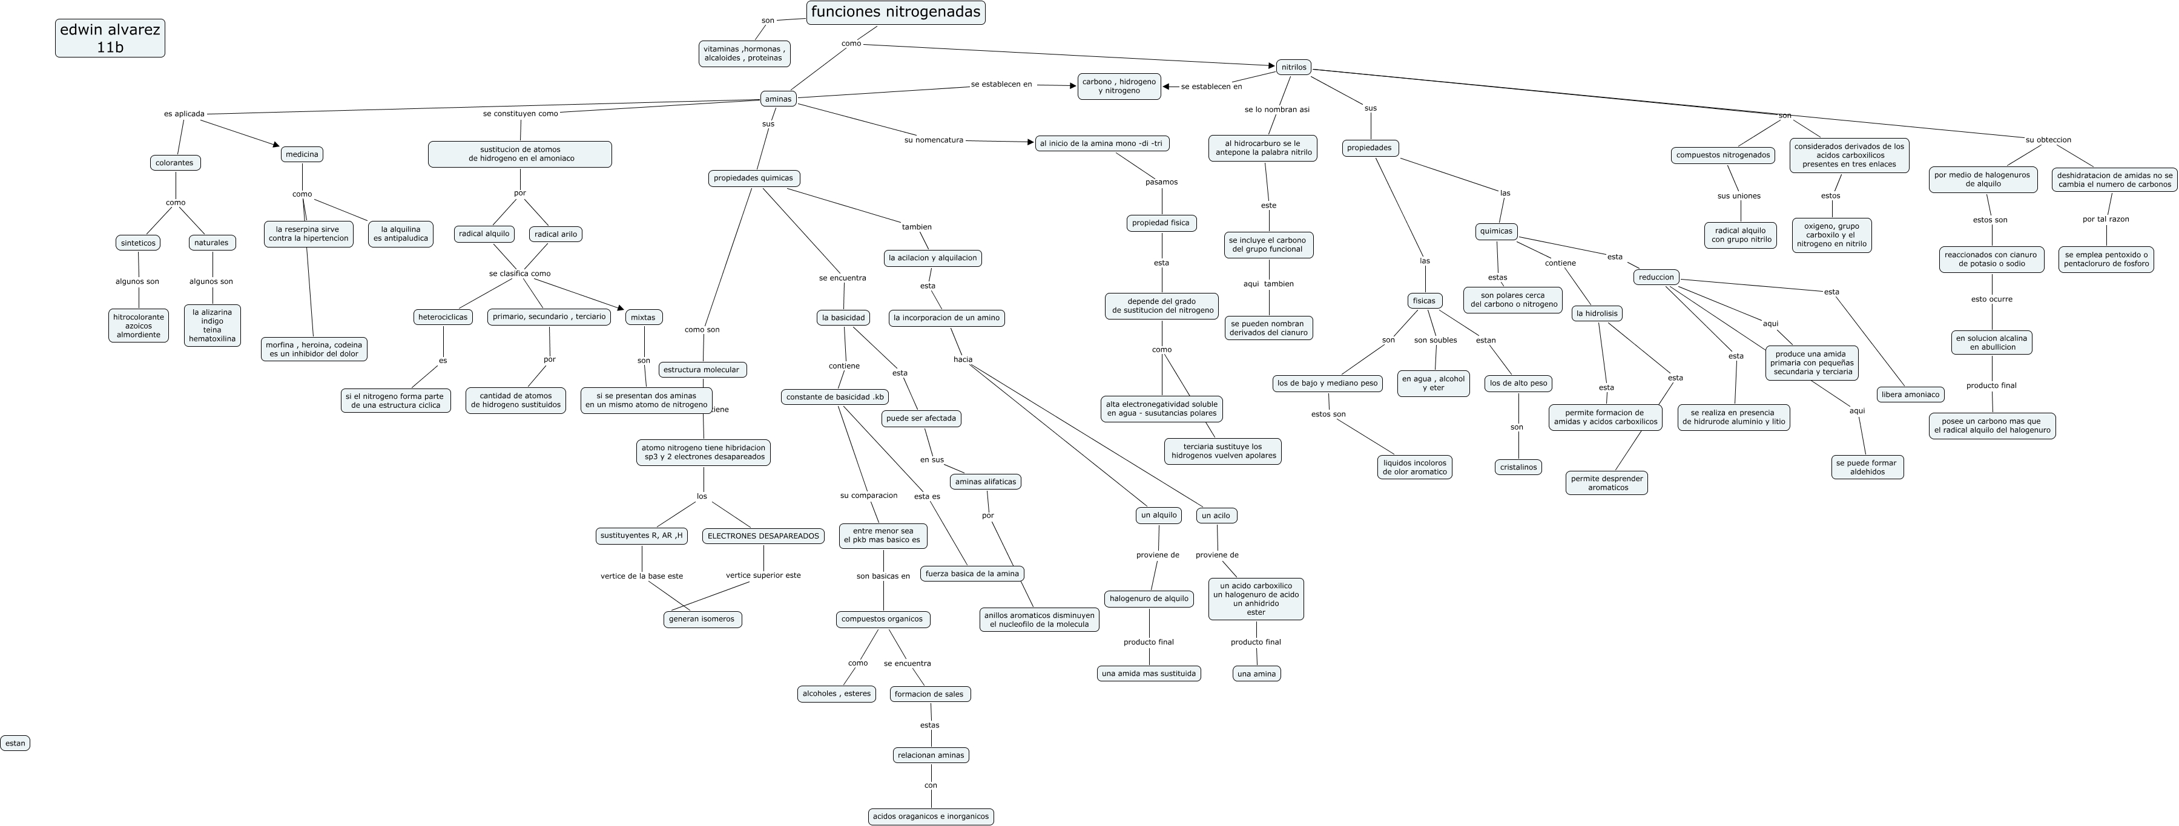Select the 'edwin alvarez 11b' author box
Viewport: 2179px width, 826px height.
[110, 39]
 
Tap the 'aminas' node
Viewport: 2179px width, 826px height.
[778, 99]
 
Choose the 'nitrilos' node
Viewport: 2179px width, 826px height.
[1293, 67]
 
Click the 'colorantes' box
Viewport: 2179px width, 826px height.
[175, 162]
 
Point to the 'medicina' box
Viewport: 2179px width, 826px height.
[302, 154]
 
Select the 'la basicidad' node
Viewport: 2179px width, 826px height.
[843, 318]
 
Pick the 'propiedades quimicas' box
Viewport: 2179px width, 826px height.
[754, 179]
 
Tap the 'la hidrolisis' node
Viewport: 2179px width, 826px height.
[1597, 313]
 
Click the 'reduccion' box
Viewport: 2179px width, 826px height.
[1655, 277]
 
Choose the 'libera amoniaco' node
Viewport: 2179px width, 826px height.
[1910, 395]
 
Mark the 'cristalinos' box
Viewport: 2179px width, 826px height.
[1518, 467]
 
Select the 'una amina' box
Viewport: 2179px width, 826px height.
[1256, 674]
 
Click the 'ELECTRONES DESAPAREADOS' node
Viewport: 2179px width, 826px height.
[763, 536]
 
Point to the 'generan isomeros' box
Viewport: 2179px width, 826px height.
[702, 619]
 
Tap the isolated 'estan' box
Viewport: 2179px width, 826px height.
[15, 743]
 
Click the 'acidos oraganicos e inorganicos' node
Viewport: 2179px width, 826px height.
[931, 817]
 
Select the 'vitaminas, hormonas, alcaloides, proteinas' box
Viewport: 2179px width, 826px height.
[744, 54]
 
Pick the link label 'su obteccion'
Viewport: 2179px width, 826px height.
[2048, 140]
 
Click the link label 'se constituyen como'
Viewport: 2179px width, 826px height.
[520, 113]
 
